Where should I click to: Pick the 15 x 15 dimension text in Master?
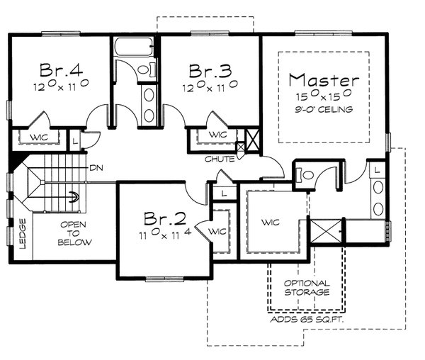click(x=324, y=96)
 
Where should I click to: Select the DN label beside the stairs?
click(x=96, y=168)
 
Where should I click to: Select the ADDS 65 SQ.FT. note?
click(x=309, y=320)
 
